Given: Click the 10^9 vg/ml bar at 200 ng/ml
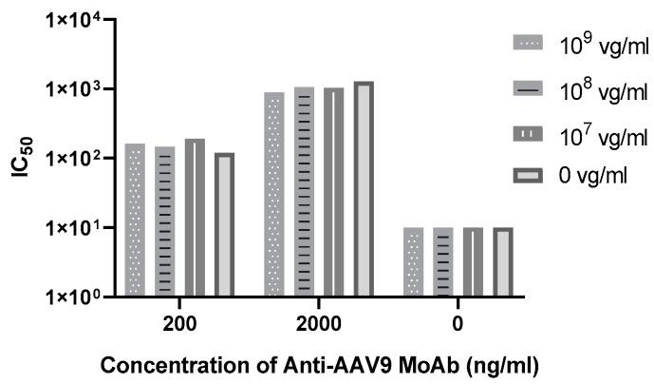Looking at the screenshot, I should pos(135,220).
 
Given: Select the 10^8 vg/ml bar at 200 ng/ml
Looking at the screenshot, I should pos(164,221).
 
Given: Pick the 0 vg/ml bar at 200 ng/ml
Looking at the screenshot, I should pos(224,224).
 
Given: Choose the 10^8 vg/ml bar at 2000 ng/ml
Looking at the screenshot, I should pos(304,191).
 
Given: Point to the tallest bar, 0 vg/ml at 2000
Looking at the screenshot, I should pos(363,189).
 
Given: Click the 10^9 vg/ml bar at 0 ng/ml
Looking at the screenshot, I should pos(413,261).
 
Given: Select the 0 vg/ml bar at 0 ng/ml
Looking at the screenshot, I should pos(502,261).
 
